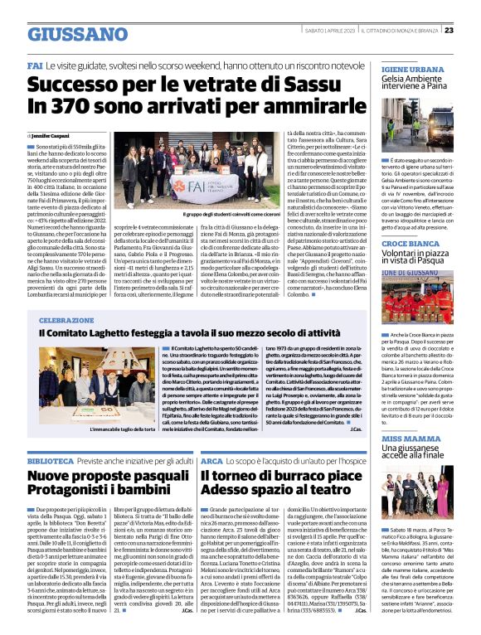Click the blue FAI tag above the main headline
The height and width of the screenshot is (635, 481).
click(x=35, y=65)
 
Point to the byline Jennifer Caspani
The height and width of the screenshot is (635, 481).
click(x=51, y=133)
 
